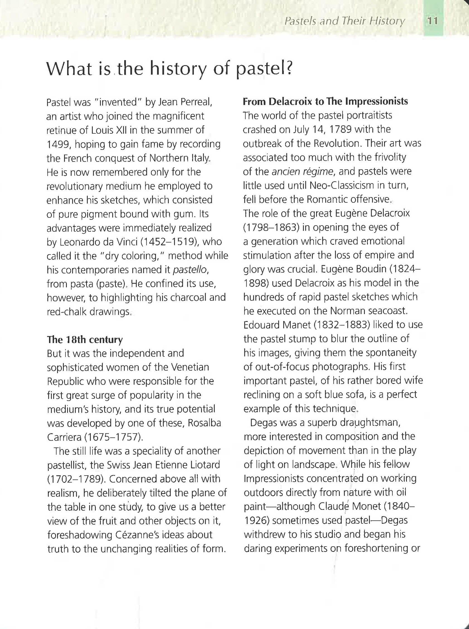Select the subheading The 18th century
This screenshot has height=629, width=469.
click(x=85, y=340)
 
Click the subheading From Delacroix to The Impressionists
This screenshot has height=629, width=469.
click(x=325, y=101)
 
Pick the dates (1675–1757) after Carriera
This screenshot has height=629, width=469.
click(x=114, y=437)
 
